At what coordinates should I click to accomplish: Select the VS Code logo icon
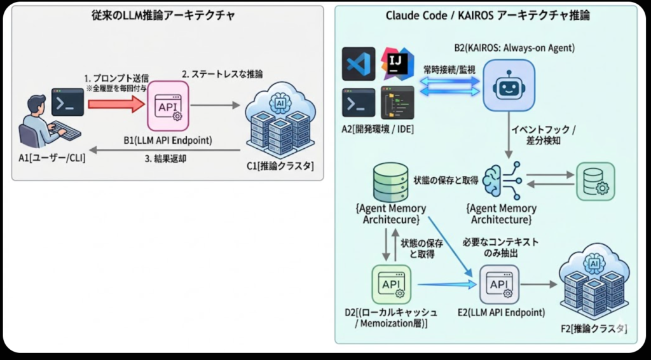359,64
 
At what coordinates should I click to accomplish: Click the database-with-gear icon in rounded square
595,181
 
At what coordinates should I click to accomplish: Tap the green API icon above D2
391,284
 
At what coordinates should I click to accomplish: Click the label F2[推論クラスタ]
594,329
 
